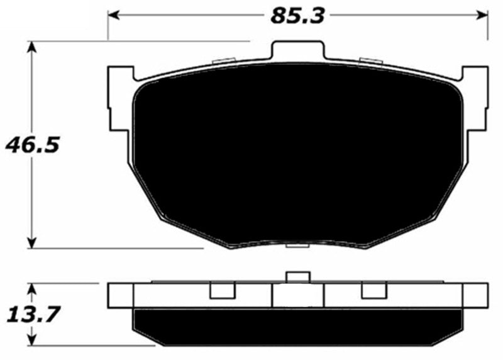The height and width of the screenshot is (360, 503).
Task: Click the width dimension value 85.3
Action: pos(297,16)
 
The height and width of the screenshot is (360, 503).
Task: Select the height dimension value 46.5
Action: pos(32,146)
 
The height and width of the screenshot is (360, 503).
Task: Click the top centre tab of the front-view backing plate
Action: pos(297,51)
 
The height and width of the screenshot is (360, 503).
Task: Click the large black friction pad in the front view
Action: pos(296,151)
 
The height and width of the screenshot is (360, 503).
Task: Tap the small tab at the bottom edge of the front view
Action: pos(297,246)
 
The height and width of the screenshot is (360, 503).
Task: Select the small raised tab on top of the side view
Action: pos(297,278)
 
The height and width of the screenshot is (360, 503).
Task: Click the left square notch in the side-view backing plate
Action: pos(221,291)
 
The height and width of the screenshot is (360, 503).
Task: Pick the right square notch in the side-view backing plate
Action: pos(373,291)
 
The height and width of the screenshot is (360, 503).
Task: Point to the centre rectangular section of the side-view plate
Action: pos(297,296)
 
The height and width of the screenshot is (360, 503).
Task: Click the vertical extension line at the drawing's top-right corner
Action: pos(488,25)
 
